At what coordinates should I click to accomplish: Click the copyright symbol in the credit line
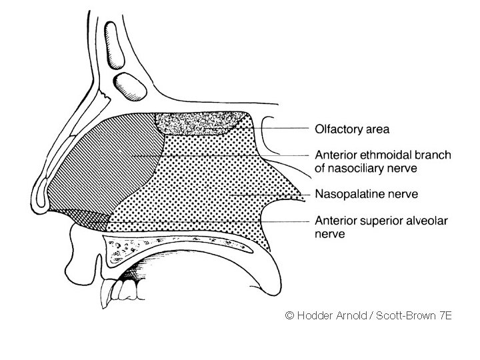pyautogui.click(x=289, y=315)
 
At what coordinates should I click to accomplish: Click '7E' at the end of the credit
pyautogui.click(x=445, y=315)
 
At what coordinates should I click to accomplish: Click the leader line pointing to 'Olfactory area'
pyautogui.click(x=280, y=128)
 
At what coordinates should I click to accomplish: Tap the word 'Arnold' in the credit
pyautogui.click(x=351, y=315)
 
